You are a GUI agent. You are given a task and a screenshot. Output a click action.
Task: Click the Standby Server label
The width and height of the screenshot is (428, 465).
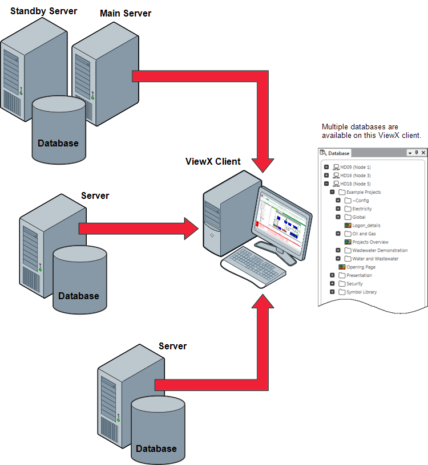tap(43, 11)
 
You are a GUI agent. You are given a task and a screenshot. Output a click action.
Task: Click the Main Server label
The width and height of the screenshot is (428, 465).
tap(126, 13)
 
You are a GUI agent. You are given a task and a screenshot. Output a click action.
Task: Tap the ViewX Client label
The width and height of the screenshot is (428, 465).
tap(213, 161)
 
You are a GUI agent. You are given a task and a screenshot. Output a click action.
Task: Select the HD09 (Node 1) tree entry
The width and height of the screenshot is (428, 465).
tap(355, 167)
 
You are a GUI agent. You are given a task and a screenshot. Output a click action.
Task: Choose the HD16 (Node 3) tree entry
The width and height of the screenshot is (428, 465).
tap(355, 176)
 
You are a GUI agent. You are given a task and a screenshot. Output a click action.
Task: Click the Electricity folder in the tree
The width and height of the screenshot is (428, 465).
tap(362, 209)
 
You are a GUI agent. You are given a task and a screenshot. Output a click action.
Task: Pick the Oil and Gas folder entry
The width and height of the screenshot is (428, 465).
tap(364, 234)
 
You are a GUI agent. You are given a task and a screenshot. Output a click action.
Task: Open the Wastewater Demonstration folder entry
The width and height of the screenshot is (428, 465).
tap(379, 250)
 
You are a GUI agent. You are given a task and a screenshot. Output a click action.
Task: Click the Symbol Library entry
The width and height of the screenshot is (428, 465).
tap(361, 292)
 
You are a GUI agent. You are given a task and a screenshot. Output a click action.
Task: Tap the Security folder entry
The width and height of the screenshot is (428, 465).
tap(354, 284)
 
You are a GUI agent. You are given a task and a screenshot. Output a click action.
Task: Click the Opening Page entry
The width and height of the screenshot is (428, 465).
tap(361, 267)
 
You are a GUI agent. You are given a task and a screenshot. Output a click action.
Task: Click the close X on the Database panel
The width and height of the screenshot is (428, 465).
tap(423, 153)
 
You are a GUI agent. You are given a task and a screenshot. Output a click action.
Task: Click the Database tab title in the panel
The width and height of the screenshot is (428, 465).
tap(338, 153)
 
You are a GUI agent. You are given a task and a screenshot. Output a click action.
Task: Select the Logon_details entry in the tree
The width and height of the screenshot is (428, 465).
tap(366, 226)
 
